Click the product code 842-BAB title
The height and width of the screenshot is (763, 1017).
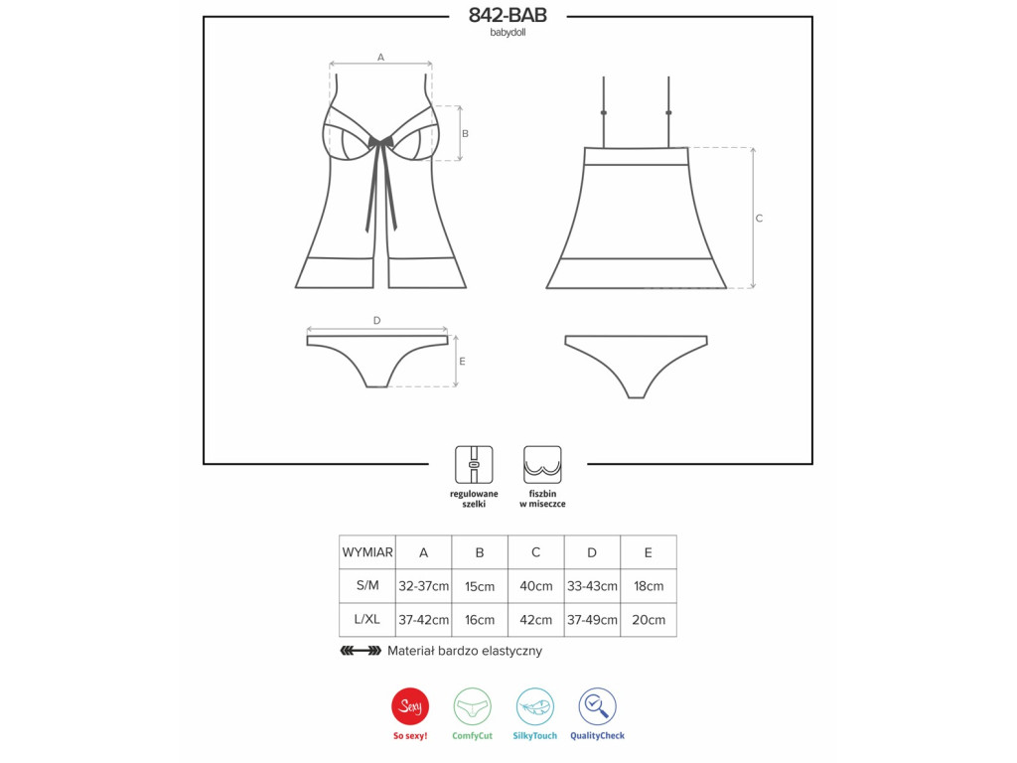click(x=508, y=15)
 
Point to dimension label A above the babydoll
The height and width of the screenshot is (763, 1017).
click(x=380, y=57)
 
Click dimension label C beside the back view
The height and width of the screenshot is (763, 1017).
click(x=759, y=218)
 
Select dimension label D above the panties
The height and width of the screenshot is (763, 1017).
click(x=376, y=321)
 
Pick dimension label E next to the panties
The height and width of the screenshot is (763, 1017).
click(x=462, y=362)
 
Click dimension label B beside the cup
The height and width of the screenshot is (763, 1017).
click(x=465, y=134)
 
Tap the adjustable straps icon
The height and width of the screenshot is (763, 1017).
click(x=474, y=465)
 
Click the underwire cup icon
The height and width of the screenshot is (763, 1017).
click(x=542, y=465)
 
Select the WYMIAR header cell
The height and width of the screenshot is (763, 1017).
click(x=367, y=552)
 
